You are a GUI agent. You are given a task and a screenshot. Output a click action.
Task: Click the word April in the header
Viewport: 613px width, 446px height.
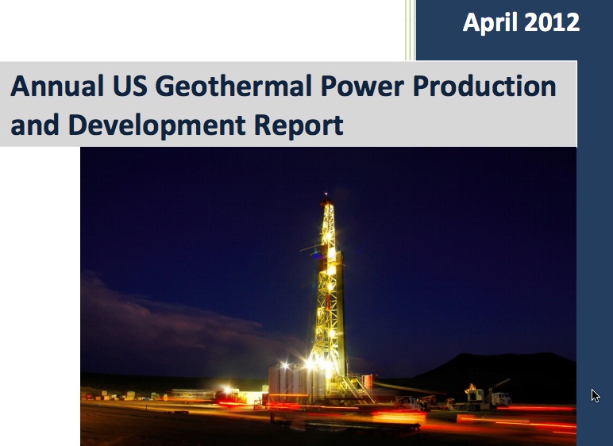(489, 22)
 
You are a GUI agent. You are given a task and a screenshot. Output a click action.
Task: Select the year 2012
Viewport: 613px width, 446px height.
(550, 22)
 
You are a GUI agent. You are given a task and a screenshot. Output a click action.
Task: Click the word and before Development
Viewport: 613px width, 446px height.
(35, 125)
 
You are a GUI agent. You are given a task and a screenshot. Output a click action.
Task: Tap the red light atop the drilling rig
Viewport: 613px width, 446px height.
(326, 193)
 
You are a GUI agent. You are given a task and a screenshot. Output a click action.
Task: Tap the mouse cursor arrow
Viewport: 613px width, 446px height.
(595, 395)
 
